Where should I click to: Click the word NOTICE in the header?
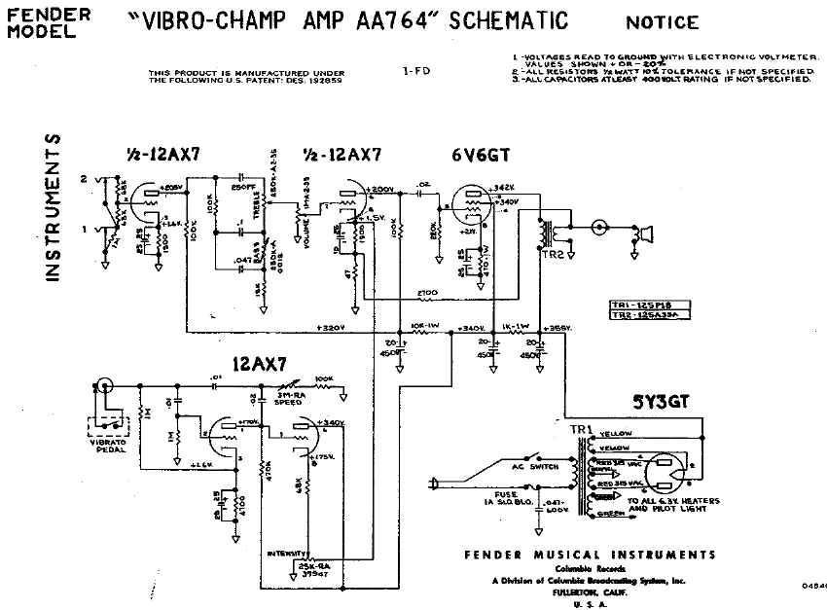[x=662, y=22]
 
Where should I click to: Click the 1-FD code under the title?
[x=413, y=70]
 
